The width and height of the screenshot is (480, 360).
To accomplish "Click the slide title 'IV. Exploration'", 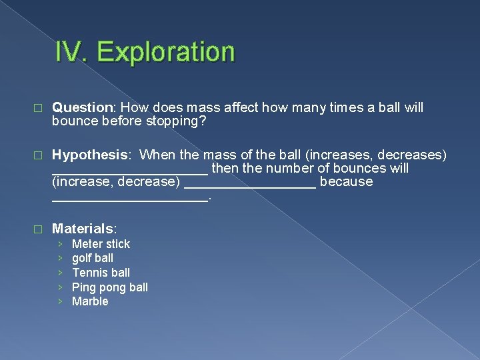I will pyautogui.click(x=145, y=52).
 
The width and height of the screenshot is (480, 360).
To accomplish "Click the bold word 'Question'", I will pyautogui.click(x=83, y=108).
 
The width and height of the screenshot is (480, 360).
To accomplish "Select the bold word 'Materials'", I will pyautogui.click(x=83, y=229).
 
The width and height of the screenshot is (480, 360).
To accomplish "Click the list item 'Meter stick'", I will pyautogui.click(x=101, y=244).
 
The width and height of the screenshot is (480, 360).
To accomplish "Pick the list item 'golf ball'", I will pyautogui.click(x=93, y=258).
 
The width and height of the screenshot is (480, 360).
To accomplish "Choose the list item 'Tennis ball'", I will pyautogui.click(x=101, y=273).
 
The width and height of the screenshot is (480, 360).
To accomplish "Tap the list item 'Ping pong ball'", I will pyautogui.click(x=110, y=287).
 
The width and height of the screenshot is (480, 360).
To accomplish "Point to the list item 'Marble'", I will pyautogui.click(x=90, y=301).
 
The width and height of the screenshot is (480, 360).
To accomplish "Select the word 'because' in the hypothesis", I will pyautogui.click(x=346, y=182).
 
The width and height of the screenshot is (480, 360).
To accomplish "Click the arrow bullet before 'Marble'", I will pyautogui.click(x=60, y=301).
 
